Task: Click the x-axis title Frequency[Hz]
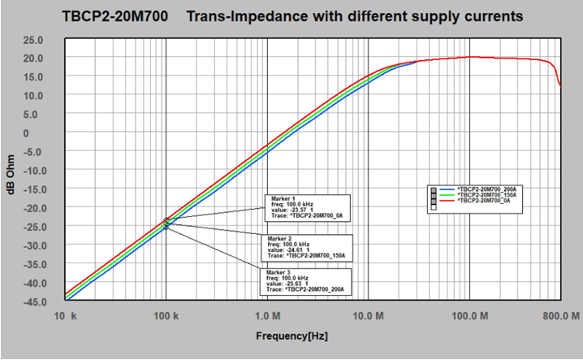tap(291, 334)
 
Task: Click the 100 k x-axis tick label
tap(166, 314)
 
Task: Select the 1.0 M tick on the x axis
tap(267, 314)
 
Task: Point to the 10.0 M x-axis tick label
tap(369, 314)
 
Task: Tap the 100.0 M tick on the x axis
tap(469, 314)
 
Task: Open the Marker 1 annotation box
tap(308, 207)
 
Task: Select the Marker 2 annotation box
tap(308, 244)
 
